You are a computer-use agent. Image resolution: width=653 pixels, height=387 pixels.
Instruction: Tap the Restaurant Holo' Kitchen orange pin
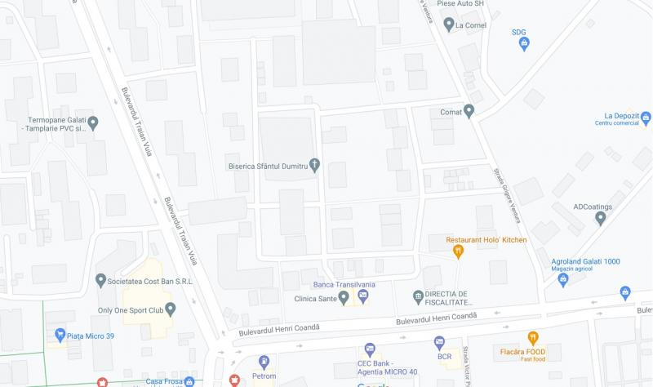[458, 251]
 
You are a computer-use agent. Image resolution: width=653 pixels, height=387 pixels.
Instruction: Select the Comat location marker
[469, 111]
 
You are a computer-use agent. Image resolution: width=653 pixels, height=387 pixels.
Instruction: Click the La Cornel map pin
[448, 25]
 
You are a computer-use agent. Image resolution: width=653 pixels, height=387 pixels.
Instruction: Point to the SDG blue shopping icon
[524, 44]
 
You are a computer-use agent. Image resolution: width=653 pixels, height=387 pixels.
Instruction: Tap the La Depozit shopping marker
[646, 120]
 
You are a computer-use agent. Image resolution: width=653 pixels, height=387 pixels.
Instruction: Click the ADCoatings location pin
[602, 218]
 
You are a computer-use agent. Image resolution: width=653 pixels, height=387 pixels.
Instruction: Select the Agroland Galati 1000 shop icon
[562, 279]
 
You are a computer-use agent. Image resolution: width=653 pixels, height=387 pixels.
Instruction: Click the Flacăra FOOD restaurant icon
[533, 338]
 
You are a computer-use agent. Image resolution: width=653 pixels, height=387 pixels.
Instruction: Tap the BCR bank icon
[439, 342]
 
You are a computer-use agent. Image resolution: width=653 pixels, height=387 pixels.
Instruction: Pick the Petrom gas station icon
[264, 362]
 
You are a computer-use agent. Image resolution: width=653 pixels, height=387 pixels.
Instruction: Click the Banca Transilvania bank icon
[363, 295]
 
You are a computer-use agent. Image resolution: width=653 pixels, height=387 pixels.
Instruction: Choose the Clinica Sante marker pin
[344, 299]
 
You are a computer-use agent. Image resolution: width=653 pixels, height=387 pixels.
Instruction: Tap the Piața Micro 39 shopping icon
[60, 335]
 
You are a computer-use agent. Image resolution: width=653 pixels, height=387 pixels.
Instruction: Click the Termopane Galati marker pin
[93, 123]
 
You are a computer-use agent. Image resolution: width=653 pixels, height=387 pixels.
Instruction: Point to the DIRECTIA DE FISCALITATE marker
[418, 296]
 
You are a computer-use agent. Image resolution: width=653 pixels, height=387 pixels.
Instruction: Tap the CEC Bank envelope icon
[370, 349]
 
